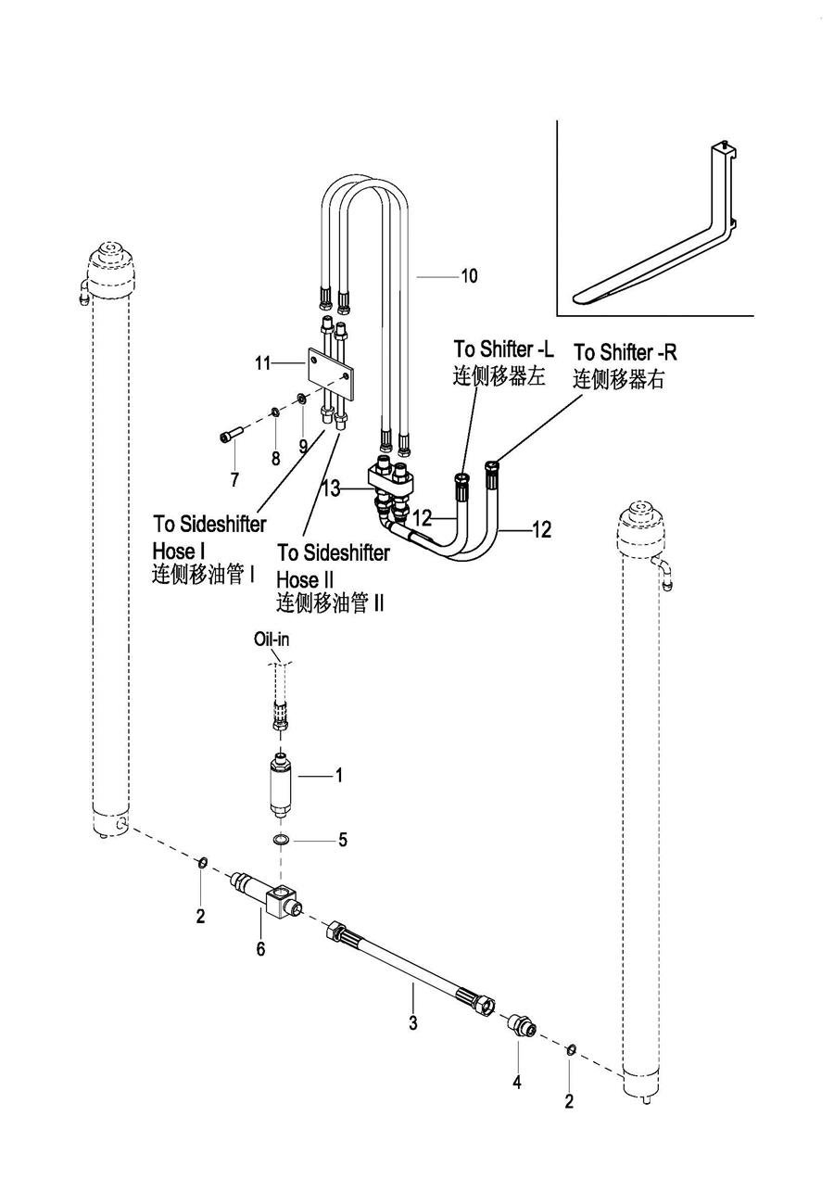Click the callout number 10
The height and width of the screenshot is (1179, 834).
469,276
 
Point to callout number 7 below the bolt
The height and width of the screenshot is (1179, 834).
234,479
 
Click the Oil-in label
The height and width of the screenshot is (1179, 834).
271,640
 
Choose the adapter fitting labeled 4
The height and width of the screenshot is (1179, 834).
520,1026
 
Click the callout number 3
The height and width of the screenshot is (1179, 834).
413,1024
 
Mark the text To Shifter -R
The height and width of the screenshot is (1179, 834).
625,353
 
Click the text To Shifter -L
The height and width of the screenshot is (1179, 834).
503,349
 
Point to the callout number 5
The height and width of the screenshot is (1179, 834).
342,840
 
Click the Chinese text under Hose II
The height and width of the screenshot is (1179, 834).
330,603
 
